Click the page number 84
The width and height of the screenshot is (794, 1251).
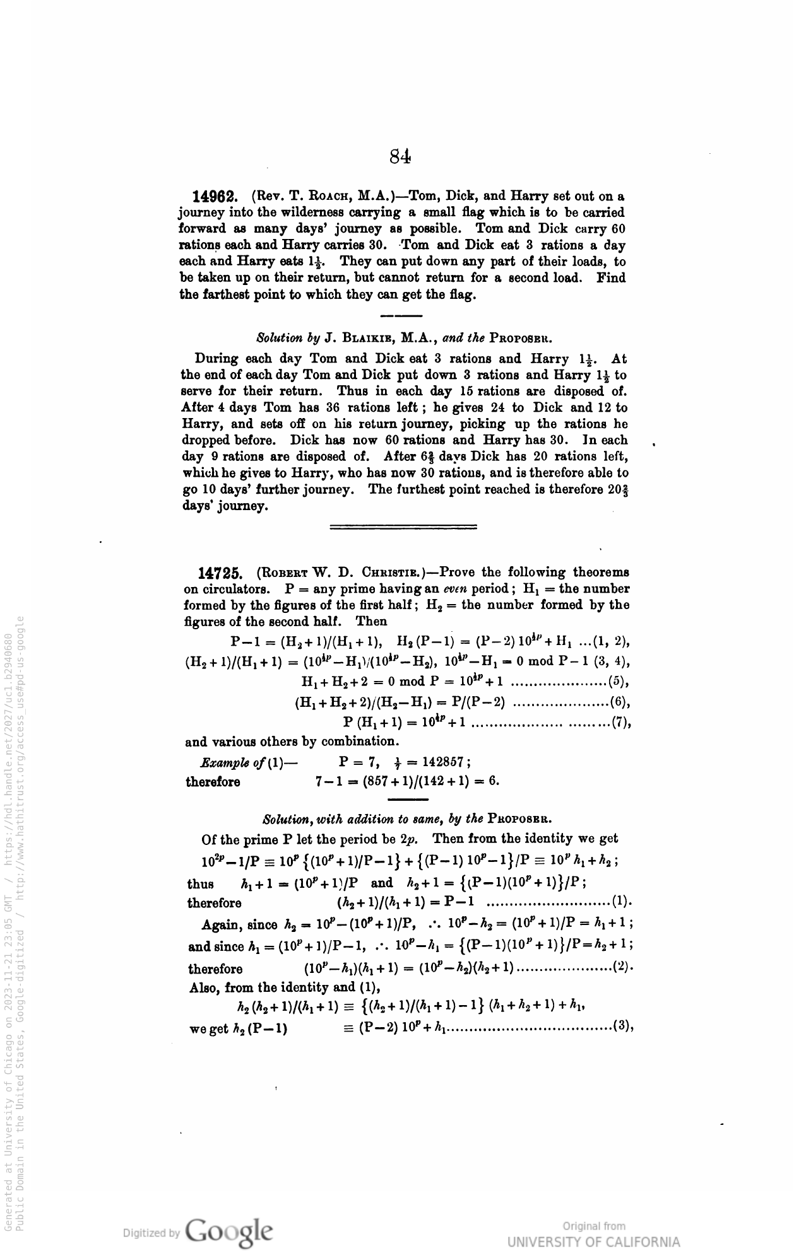(x=401, y=156)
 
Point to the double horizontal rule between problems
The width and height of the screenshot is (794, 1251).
(x=403, y=525)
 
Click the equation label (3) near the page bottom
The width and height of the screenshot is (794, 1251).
(x=622, y=1030)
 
